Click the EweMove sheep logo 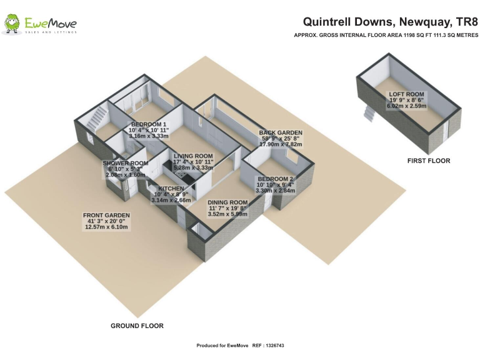(12, 23)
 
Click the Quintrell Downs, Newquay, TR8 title (390, 22)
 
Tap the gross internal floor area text (386, 35)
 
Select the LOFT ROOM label (406, 94)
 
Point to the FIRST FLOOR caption (429, 161)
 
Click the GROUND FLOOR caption (137, 326)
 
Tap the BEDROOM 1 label (149, 124)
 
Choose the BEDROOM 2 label (276, 179)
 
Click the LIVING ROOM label (193, 156)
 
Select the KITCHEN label (171, 189)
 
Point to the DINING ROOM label (227, 202)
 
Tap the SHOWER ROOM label (126, 163)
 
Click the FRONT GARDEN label (106, 216)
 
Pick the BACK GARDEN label (281, 132)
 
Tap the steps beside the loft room (369, 112)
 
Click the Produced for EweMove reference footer (240, 346)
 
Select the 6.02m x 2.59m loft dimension (406, 106)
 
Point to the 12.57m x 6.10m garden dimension (106, 227)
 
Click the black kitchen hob (181, 175)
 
